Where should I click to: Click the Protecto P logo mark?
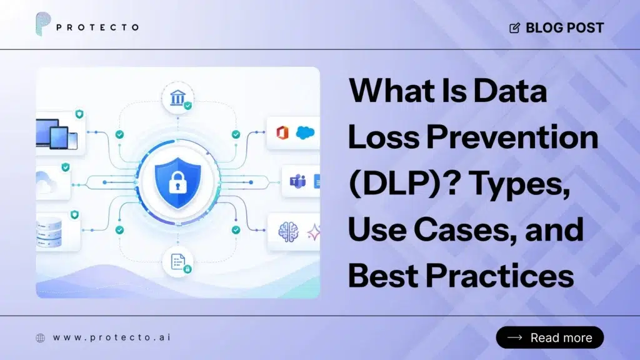tap(43, 24)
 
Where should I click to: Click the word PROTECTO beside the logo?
tap(97, 27)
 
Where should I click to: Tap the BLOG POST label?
tap(564, 27)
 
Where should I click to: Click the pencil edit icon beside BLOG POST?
tap(515, 27)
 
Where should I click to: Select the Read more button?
tap(550, 337)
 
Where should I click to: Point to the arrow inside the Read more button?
tap(515, 337)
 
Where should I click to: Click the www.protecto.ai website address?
tap(112, 337)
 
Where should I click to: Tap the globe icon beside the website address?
tap(41, 338)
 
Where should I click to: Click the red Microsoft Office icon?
tap(282, 132)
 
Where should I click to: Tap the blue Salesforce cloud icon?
tap(305, 132)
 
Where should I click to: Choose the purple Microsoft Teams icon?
tap(297, 181)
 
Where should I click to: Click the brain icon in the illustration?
tap(288, 232)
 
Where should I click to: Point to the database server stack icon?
tap(49, 232)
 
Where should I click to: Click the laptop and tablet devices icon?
tap(57, 134)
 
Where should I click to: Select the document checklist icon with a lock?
tap(178, 262)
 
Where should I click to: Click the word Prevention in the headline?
tap(512, 137)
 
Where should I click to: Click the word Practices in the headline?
tap(500, 276)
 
